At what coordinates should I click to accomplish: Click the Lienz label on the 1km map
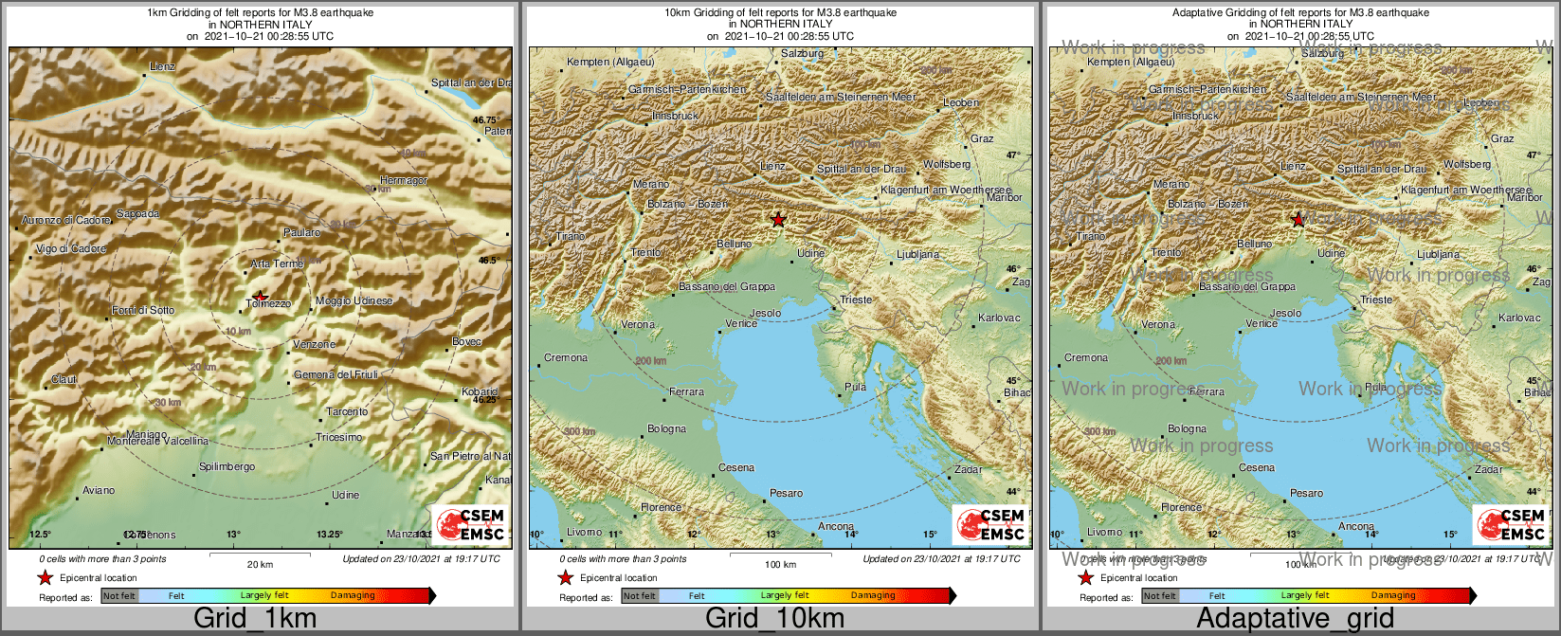[163, 67]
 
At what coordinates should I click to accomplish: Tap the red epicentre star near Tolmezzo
[260, 297]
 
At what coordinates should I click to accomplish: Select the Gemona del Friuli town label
[336, 374]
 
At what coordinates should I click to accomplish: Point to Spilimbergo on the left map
[227, 467]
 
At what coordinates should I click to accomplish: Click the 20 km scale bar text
[260, 564]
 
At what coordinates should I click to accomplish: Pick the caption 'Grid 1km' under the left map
[255, 619]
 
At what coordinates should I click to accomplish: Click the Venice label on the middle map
[741, 324]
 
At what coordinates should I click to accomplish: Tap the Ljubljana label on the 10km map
[917, 254]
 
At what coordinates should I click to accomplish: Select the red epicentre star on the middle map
[778, 220]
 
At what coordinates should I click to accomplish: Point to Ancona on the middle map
[836, 526]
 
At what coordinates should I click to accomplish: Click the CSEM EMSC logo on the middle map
[989, 524]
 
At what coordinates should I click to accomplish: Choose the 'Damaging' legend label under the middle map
[873, 595]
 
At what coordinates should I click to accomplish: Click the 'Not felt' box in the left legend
[119, 595]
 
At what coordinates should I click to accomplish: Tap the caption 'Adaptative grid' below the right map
[1295, 619]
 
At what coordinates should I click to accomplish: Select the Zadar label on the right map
[1489, 469]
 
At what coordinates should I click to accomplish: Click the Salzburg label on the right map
[1322, 53]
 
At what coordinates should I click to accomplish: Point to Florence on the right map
[1181, 507]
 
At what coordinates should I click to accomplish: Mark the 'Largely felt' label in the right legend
[1306, 595]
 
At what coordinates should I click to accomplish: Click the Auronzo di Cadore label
[66, 220]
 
